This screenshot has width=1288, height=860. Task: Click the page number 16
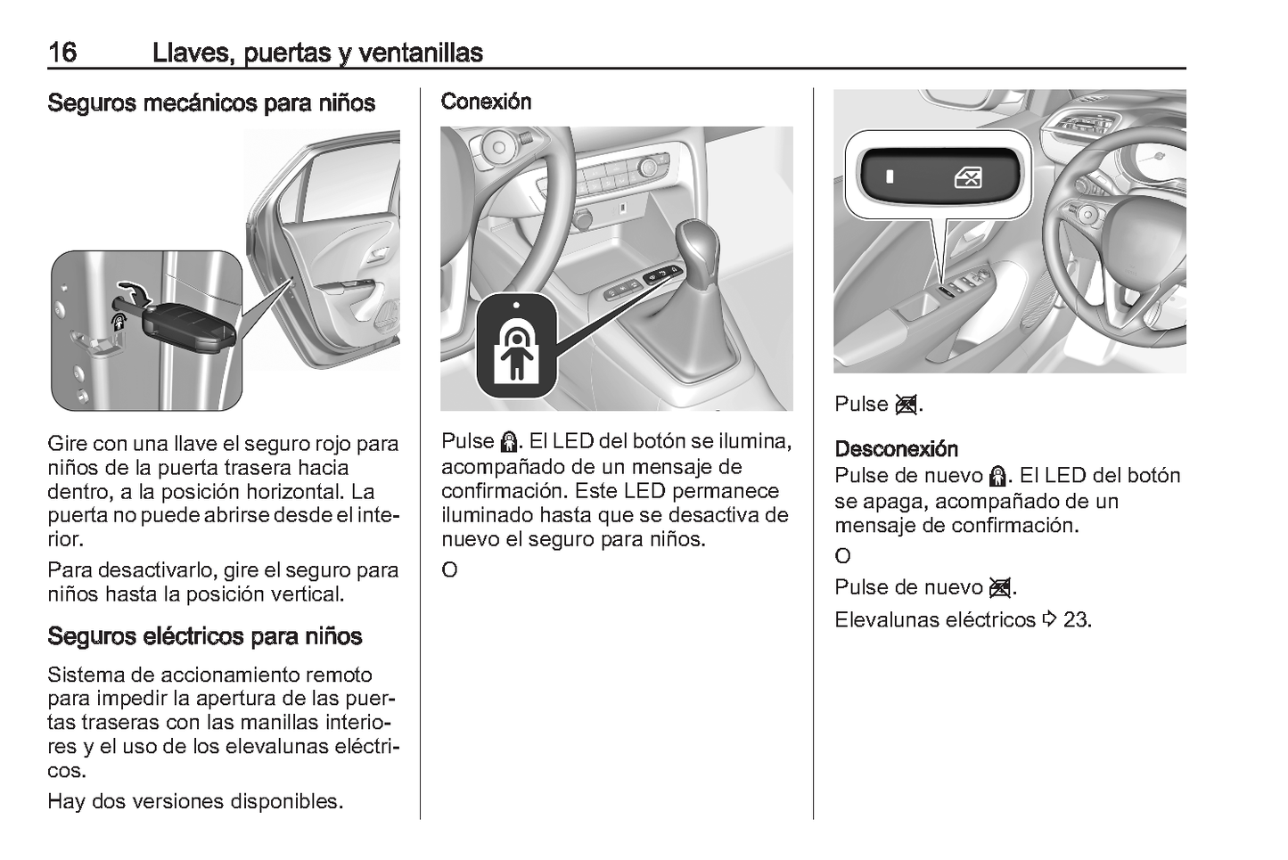tap(62, 53)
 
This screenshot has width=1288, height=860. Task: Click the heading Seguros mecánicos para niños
tap(211, 103)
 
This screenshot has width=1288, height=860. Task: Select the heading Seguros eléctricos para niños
tap(204, 636)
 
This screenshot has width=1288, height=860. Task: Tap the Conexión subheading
tap(486, 102)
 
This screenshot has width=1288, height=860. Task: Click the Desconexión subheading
tap(896, 449)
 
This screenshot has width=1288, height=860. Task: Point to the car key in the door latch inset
tap(188, 328)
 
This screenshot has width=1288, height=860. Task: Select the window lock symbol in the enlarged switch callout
tap(968, 177)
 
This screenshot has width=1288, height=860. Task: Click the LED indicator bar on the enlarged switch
tap(889, 176)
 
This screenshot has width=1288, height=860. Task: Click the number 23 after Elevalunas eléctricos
tap(1077, 620)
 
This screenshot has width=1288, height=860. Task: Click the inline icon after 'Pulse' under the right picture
tap(907, 405)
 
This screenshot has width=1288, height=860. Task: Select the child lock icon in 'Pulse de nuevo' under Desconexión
tap(998, 477)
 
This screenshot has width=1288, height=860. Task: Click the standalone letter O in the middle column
tap(449, 569)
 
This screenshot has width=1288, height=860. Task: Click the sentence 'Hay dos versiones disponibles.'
tap(194, 801)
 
